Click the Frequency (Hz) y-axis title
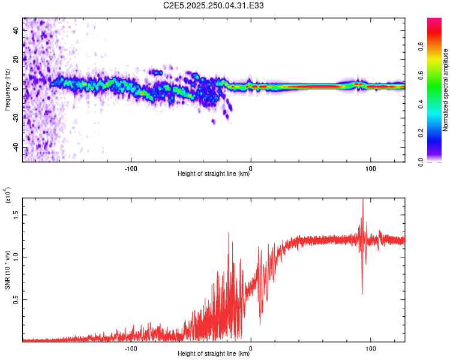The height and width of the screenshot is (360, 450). (7, 90)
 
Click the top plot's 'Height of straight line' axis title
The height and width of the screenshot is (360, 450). (214, 174)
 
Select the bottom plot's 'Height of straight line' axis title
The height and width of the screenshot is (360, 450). (214, 353)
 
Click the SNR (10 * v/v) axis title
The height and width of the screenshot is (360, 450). (7, 269)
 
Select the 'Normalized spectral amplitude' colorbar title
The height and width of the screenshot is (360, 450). (446, 90)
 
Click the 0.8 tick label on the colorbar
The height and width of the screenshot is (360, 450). (421, 46)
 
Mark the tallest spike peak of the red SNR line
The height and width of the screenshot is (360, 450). (362, 200)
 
